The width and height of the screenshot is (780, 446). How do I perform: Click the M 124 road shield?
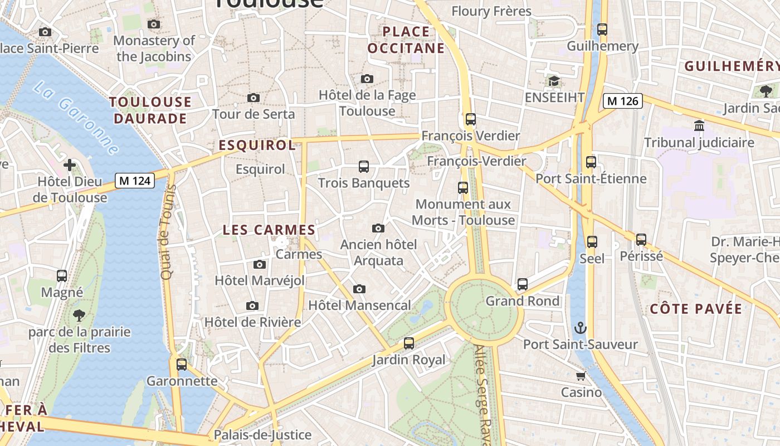coord(135,181)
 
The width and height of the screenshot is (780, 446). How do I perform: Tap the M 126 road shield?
coord(623,101)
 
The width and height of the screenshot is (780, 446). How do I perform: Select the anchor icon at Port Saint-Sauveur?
coord(581,327)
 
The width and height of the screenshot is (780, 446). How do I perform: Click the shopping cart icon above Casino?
coord(581,376)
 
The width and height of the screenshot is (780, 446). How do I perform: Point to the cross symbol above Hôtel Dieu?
coord(70,165)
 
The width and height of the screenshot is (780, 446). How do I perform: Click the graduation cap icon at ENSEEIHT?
coord(554,81)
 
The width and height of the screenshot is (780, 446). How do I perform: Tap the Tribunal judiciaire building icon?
coord(699,126)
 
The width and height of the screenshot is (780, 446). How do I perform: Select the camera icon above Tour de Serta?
coord(253,98)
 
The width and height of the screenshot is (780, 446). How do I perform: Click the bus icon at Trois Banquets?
coord(364,167)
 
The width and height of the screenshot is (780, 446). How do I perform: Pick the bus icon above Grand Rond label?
coord(523,284)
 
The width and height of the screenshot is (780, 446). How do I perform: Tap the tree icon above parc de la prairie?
coord(79,316)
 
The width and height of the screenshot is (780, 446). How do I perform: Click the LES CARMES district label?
coord(269,230)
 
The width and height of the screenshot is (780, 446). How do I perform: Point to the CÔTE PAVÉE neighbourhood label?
coord(696,309)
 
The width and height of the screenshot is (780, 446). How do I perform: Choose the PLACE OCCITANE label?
coord(407,40)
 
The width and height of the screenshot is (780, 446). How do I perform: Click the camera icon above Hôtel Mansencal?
coord(359,289)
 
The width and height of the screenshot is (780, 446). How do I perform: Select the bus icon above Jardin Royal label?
coord(409,343)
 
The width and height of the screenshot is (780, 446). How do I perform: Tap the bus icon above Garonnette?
coord(182,365)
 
